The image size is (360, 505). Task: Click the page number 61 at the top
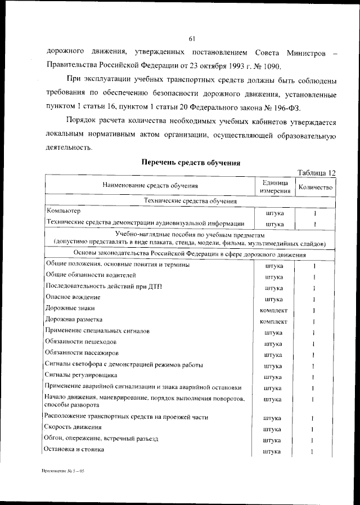(x=191, y=38)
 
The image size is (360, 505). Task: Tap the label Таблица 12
(x=317, y=173)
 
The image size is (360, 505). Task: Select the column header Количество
(x=316, y=186)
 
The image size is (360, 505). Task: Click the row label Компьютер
(x=64, y=211)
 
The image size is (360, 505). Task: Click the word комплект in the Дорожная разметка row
(x=274, y=321)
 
